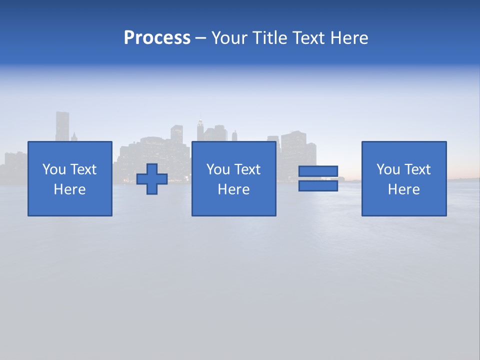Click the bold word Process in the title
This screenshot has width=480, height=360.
[157, 38]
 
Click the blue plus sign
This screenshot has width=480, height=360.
[152, 179]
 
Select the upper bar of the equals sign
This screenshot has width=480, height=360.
[318, 171]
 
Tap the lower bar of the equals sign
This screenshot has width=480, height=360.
[318, 186]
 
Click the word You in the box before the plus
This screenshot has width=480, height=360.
[53, 169]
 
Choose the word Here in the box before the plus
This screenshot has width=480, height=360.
[70, 189]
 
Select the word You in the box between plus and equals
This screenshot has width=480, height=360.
[217, 169]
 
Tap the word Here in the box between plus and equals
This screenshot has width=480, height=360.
[234, 189]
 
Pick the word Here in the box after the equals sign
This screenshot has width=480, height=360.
[404, 189]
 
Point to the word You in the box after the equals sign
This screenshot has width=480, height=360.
[387, 169]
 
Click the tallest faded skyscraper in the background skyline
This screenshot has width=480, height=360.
[62, 126]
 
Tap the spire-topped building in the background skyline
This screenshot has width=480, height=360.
[200, 129]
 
